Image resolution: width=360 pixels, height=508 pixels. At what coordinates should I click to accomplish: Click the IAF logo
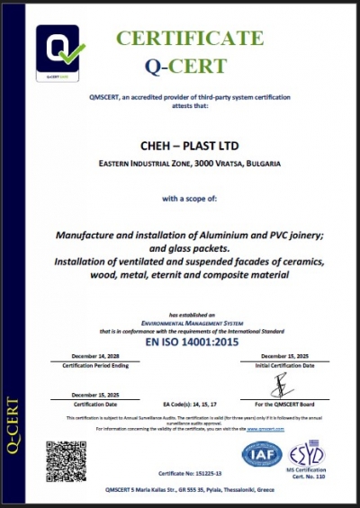coord(262,454)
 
